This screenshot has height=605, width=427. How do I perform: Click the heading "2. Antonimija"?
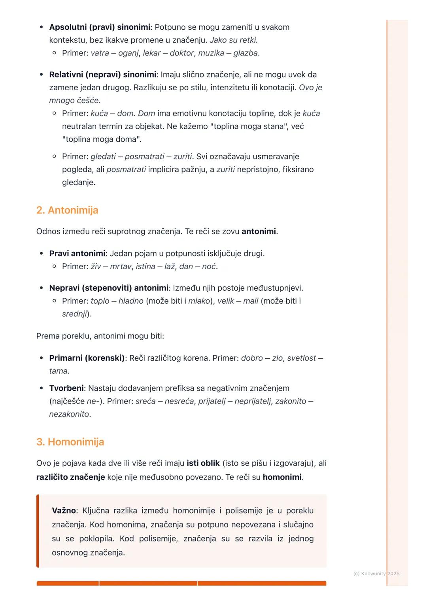[67, 210]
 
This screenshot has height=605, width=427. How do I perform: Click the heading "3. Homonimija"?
[70, 442]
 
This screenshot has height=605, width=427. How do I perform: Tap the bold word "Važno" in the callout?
[64, 511]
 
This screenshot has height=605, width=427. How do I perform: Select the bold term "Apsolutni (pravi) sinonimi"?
[100, 27]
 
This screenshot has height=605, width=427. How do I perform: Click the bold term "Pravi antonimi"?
[77, 253]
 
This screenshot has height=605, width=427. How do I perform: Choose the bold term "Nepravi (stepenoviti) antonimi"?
[109, 288]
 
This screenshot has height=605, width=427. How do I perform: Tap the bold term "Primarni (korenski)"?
[87, 358]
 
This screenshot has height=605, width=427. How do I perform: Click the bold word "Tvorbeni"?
[66, 388]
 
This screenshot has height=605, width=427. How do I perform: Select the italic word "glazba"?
[245, 53]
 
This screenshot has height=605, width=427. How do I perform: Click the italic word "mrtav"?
[121, 266]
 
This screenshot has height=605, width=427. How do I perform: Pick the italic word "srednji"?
[74, 314]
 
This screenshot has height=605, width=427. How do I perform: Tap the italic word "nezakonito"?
[69, 414]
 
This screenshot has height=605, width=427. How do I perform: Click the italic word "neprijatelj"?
[253, 401]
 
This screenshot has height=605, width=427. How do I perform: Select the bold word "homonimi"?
[282, 477]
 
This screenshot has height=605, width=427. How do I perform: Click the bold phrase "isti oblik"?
[203, 463]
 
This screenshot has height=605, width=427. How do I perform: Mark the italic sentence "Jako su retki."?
[234, 40]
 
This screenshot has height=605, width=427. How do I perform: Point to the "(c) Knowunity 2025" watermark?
[376, 574]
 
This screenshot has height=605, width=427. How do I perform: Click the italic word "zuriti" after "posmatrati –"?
[183, 156]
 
